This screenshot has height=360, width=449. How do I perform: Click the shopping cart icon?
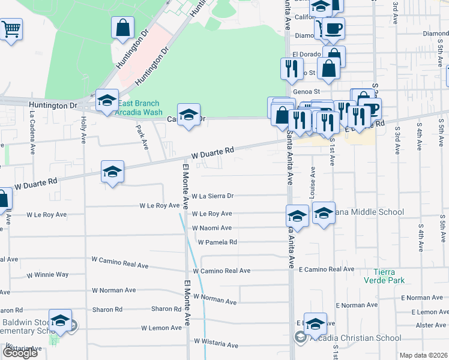(11, 29)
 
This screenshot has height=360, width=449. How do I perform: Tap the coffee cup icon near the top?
(334, 28)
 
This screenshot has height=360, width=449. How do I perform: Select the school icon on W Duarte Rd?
(112, 172)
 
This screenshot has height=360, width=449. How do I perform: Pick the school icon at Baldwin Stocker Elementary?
(60, 322)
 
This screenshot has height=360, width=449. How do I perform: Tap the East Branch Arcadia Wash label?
(139, 108)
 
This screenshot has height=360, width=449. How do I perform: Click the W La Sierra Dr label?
(212, 196)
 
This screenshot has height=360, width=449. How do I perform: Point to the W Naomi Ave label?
(212, 228)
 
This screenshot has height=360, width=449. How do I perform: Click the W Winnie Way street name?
(47, 275)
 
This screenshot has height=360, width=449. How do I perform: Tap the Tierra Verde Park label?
(384, 276)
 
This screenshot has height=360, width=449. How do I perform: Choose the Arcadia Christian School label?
(354, 338)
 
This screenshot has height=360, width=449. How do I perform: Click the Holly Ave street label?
(83, 130)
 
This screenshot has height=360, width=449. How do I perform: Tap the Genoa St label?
(305, 92)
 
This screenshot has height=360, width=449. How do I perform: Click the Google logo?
(20, 353)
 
